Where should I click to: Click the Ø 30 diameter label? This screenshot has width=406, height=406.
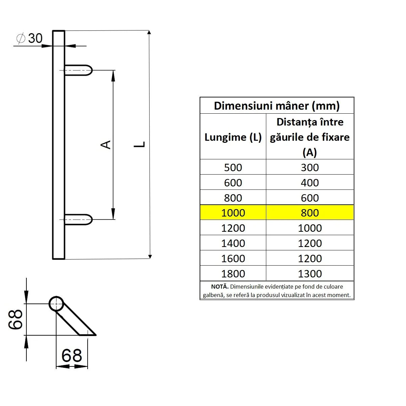pos(30,38)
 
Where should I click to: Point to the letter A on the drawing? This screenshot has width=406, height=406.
pos(106,144)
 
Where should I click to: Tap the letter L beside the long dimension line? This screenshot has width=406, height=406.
pos(140,144)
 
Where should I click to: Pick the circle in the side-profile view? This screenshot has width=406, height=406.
pos(56,304)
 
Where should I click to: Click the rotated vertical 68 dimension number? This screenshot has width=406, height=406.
pos(16,319)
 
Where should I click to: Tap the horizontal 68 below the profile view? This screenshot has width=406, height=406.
pos(72,356)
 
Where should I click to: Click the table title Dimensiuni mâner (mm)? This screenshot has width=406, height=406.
pos(277,106)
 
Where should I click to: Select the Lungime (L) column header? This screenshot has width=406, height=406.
pos(233,137)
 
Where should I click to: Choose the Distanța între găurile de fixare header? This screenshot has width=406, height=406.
pos(310,137)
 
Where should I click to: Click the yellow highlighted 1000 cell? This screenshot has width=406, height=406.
pos(233,213)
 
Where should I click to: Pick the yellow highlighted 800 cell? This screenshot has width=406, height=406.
pos(310,213)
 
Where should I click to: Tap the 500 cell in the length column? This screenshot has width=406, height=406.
pos(233,167)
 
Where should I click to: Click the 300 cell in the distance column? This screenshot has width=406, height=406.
pos(310,167)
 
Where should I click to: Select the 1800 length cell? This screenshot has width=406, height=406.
pos(233,273)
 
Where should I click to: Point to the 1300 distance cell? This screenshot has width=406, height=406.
pos(310,273)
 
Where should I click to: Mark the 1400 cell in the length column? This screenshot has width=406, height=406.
pos(233,243)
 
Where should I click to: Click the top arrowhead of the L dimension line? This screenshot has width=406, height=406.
pos(149,32)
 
